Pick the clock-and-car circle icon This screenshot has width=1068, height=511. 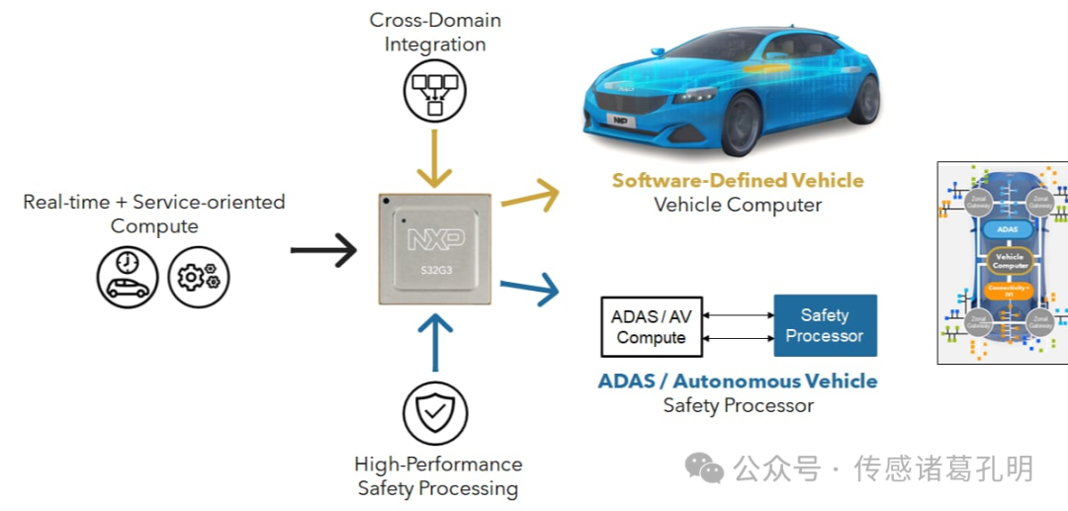point(128,277)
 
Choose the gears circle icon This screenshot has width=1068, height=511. point(198,277)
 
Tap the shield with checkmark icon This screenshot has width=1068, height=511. point(434,415)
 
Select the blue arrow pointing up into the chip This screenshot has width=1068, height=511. point(434,342)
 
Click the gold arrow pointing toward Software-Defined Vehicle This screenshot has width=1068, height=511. point(529,195)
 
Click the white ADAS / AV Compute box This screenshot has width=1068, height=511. point(651,327)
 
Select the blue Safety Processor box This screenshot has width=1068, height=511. point(825,325)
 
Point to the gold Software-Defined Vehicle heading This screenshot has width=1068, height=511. point(738,181)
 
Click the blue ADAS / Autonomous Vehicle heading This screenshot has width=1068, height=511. point(738,382)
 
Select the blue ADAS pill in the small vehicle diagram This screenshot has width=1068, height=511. point(1008,228)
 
